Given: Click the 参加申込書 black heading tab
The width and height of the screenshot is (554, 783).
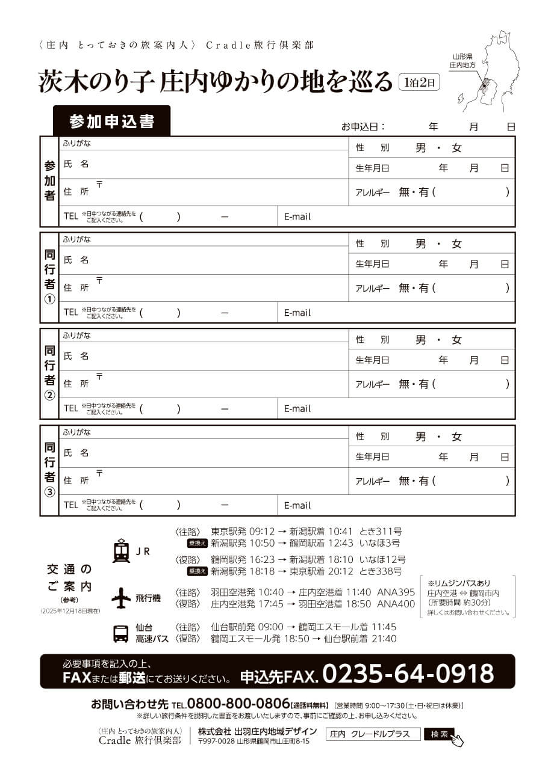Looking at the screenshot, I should [111, 121].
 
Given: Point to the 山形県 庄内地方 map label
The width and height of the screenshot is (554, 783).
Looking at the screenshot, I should [464, 59].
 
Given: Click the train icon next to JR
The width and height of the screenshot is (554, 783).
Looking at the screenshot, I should [121, 551].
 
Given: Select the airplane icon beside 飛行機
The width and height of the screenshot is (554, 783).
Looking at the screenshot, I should [121, 598].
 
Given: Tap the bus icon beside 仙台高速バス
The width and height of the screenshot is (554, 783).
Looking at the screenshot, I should [121, 633].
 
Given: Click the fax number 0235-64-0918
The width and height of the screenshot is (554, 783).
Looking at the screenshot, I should [408, 674].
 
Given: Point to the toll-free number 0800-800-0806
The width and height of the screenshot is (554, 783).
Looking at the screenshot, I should [238, 704].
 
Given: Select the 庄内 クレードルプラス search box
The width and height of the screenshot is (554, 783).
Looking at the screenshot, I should [373, 734].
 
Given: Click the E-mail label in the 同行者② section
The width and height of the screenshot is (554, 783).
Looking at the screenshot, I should [297, 409].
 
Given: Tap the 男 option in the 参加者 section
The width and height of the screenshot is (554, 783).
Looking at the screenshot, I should [420, 148].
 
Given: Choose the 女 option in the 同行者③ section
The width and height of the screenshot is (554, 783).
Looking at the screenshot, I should [456, 437].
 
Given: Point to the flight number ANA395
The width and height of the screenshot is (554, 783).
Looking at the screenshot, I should [396, 592].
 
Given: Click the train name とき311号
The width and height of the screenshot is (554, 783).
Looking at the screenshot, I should [381, 532].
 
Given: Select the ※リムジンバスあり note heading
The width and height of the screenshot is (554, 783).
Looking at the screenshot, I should [459, 583].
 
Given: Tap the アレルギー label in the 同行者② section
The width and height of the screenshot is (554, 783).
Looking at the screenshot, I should [372, 384].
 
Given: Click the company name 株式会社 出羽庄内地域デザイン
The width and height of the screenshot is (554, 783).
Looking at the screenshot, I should [258, 731].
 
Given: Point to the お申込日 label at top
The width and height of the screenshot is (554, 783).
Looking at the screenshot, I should [363, 127].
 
